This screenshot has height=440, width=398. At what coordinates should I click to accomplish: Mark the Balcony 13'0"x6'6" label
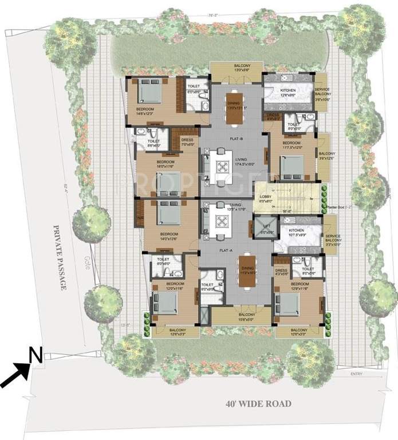(x=237, y=68)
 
